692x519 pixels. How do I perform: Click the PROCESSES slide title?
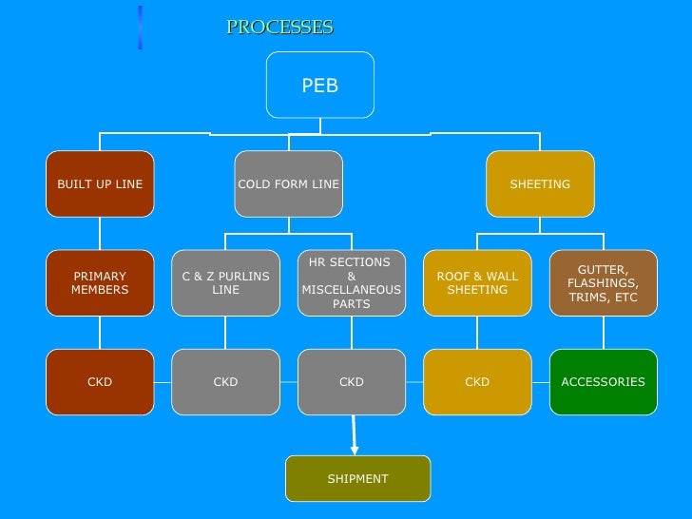coord(279,27)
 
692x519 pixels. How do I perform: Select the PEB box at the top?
coord(320,86)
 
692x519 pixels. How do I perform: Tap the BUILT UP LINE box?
coord(100,183)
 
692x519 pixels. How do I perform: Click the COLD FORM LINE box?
coord(289,183)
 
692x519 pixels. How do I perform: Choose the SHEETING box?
coord(540,183)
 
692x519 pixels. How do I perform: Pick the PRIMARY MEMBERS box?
coord(100,283)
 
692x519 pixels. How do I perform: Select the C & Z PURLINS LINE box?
coord(225,283)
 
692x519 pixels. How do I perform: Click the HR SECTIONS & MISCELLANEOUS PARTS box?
coord(352,283)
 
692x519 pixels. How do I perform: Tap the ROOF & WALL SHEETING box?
coord(477,283)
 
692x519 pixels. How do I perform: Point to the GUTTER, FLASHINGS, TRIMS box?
coord(603,283)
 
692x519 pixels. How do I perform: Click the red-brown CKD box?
coord(100,382)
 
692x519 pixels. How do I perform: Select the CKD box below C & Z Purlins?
coord(225,382)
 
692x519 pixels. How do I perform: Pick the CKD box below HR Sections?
coord(352,382)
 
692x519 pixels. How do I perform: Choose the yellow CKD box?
coord(477,382)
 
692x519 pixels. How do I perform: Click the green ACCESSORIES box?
coord(603,382)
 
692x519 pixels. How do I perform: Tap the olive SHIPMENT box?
coord(358,478)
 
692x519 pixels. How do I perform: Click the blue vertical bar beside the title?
coord(140,27)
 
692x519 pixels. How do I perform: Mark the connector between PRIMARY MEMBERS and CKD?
coord(100,333)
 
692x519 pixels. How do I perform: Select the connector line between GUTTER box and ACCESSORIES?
coord(603,333)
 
